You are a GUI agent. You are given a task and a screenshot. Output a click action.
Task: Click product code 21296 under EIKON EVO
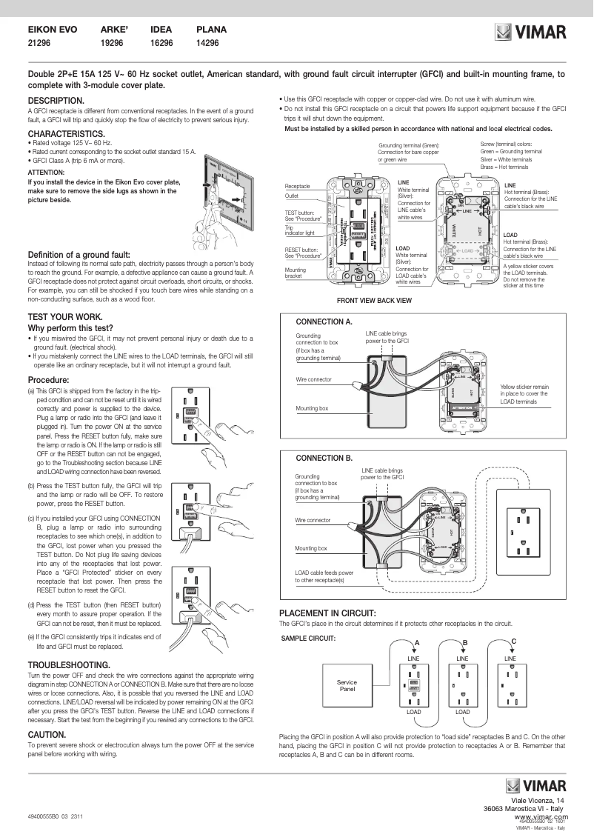tap(39, 44)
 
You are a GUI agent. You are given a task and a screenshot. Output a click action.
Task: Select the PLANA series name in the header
tap(211, 30)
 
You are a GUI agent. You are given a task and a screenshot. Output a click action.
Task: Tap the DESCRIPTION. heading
tap(56, 100)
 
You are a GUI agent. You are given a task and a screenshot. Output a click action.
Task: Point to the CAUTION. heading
tap(48, 733)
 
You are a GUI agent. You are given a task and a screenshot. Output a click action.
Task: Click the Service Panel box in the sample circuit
tap(347, 685)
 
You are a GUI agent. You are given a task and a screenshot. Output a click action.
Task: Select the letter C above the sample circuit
tap(513, 640)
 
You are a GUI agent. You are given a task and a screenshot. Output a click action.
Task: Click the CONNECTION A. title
tap(324, 322)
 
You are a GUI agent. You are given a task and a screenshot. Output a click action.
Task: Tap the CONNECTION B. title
tap(324, 459)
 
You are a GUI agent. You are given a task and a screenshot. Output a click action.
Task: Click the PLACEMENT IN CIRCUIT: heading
tap(327, 613)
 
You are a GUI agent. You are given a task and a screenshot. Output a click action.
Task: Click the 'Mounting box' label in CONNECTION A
tap(311, 408)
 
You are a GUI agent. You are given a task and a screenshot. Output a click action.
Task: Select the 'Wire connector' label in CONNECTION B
tap(313, 521)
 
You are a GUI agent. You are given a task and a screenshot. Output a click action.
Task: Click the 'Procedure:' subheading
tap(48, 380)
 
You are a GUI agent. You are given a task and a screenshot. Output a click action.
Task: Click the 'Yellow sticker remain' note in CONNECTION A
tap(524, 387)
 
